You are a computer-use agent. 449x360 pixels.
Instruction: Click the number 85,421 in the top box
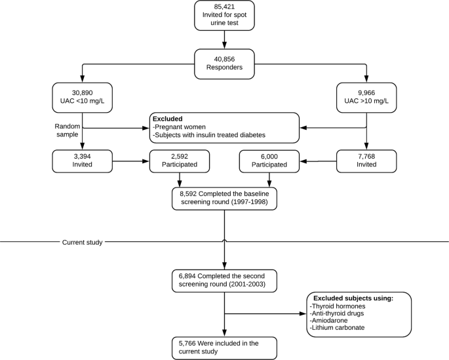pyautogui.click(x=224, y=7)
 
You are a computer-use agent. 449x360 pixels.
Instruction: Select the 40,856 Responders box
pyautogui.click(x=224, y=64)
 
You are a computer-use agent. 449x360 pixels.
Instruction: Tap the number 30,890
pyautogui.click(x=82, y=93)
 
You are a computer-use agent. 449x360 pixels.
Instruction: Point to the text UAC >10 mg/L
pyautogui.click(x=366, y=101)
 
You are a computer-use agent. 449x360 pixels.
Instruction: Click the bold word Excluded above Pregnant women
pyautogui.click(x=168, y=119)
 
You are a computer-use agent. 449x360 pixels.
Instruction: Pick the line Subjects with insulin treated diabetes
pyautogui.click(x=209, y=135)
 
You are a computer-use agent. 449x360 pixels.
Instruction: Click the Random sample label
pyautogui.click(x=68, y=130)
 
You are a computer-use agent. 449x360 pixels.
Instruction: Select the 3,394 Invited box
pyautogui.click(x=82, y=161)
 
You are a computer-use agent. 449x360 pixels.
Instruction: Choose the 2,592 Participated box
pyautogui.click(x=180, y=161)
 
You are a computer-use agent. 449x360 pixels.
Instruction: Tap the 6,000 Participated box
pyautogui.click(x=269, y=161)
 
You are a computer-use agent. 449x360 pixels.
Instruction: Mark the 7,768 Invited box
pyautogui.click(x=366, y=161)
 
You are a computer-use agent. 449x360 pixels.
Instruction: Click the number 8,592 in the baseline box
pyautogui.click(x=188, y=194)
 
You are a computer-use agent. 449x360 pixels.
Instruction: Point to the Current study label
pyautogui.click(x=82, y=243)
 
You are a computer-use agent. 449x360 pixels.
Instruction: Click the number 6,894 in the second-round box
pyautogui.click(x=187, y=276)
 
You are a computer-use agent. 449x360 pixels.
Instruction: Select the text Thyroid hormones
pyautogui.click(x=338, y=306)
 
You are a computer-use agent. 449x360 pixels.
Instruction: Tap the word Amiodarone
pyautogui.click(x=329, y=321)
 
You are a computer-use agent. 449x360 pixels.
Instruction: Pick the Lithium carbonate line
pyautogui.click(x=338, y=328)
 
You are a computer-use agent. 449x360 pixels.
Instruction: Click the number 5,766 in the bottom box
pyautogui.click(x=187, y=344)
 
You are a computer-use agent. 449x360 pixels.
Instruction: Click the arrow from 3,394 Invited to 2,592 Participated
pyautogui.click(x=131, y=161)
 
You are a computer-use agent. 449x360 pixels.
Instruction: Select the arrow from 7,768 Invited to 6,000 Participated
pyautogui.click(x=318, y=161)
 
